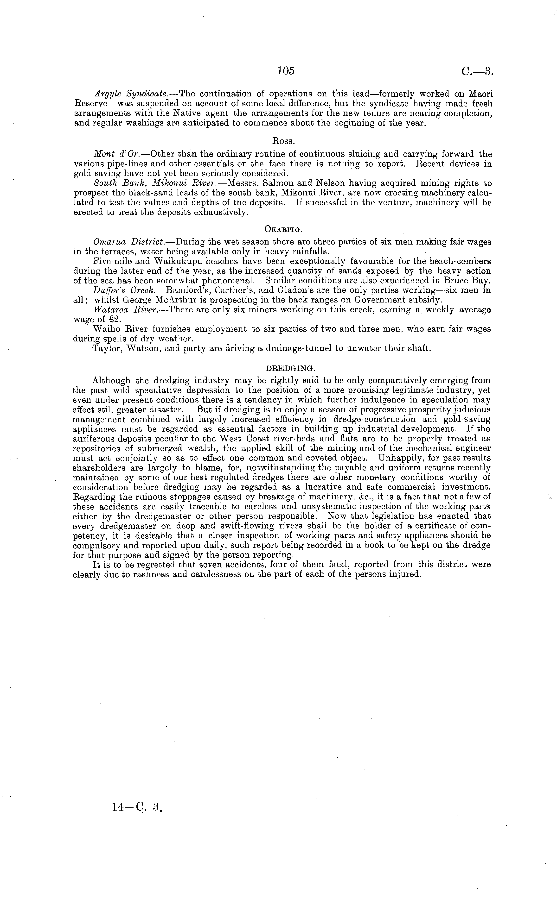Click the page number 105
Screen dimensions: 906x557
coord(286,71)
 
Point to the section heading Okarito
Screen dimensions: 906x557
coord(283,229)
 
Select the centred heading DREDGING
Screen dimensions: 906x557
coord(290,368)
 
